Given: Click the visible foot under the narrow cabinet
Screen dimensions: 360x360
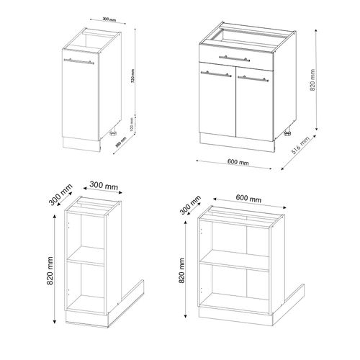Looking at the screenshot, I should [112, 133].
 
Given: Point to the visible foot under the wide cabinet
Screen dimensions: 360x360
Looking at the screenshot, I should [287, 134].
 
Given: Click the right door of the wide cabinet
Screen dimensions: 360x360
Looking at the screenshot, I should [256, 101].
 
